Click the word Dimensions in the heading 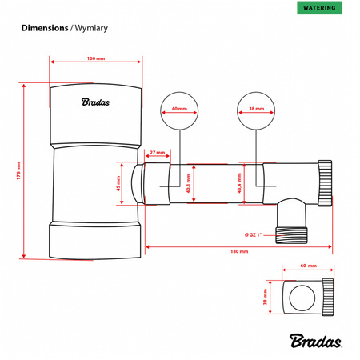44,28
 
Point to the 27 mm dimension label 157,152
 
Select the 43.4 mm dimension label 239,185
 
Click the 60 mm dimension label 308,264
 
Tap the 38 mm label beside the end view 266,298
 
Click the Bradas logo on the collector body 96,102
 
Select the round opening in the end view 302,298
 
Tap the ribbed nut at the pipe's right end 326,185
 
